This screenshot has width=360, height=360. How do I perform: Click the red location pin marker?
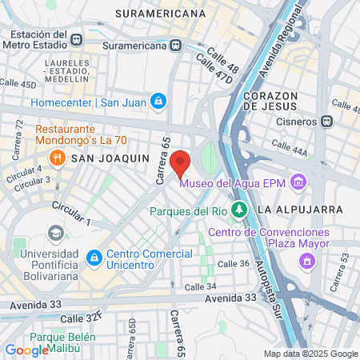(x=181, y=162)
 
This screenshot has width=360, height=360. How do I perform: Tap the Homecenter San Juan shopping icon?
(x=159, y=101)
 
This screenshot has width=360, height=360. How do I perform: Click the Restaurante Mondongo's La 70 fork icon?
(x=78, y=158)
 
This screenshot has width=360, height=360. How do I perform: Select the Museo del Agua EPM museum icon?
(x=298, y=182)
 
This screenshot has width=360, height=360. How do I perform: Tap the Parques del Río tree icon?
(x=238, y=210)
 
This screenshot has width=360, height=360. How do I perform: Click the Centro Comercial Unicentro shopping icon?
(x=94, y=258)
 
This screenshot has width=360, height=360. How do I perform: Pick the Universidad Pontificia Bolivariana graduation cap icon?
(x=55, y=233)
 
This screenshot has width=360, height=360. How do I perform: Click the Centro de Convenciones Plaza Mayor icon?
(x=306, y=260)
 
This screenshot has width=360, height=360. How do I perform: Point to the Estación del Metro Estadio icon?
(x=76, y=39)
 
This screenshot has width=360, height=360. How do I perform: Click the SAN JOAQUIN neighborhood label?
(x=122, y=158)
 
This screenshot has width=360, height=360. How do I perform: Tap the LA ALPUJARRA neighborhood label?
(x=300, y=209)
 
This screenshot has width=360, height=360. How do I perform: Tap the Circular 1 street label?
(x=71, y=214)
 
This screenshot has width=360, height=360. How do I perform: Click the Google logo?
(x=26, y=350)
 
